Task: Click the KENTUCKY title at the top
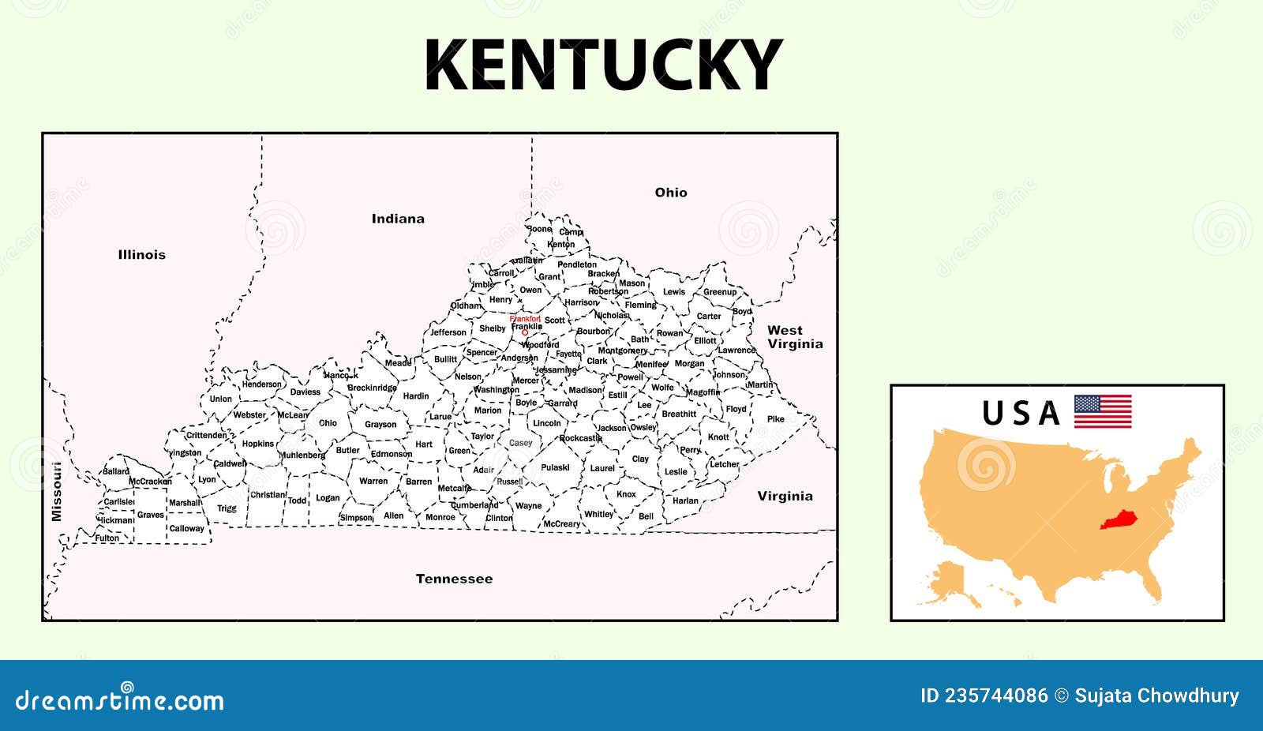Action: tap(603, 65)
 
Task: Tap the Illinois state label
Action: tap(142, 254)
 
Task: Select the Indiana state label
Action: tap(398, 219)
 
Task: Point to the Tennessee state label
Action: tap(454, 579)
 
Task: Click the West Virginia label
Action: tap(795, 337)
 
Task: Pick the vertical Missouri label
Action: tap(56, 491)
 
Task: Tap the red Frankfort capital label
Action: tap(525, 319)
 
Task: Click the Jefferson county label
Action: tap(448, 332)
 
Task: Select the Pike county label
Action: tap(776, 418)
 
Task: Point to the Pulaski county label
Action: tap(555, 467)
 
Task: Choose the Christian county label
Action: tap(268, 495)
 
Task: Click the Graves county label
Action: tap(150, 515)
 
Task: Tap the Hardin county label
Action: tap(416, 396)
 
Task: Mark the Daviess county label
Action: tap(305, 392)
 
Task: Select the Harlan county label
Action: tap(685, 500)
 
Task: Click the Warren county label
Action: tap(373, 481)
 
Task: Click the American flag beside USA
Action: tap(1103, 411)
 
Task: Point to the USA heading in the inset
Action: tap(1021, 414)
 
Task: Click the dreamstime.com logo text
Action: tap(120, 700)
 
